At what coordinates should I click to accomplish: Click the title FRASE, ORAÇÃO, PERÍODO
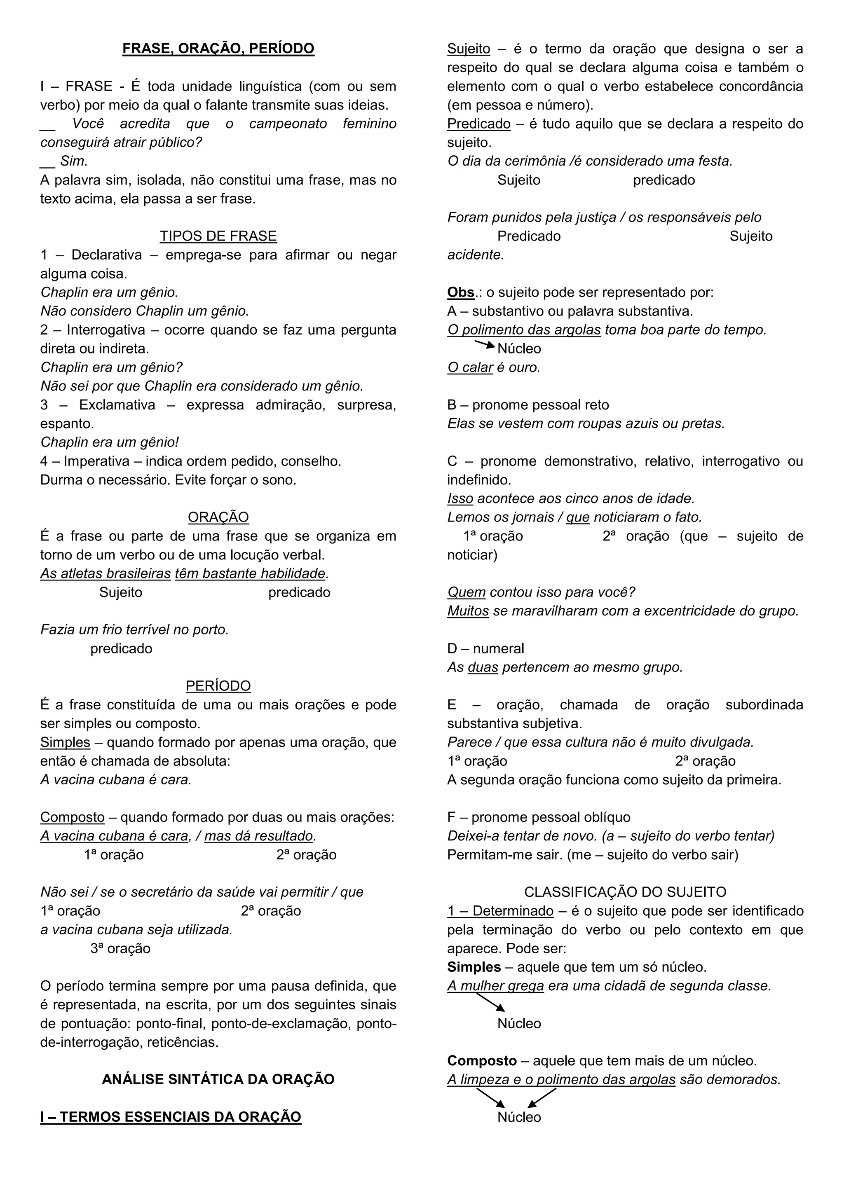pyautogui.click(x=218, y=48)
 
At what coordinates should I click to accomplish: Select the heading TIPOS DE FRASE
pyautogui.click(x=218, y=236)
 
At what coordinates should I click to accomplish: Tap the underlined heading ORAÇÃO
pyautogui.click(x=218, y=517)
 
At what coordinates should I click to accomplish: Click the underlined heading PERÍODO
pyautogui.click(x=218, y=686)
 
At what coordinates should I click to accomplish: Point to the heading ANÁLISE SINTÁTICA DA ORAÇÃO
pyautogui.click(x=218, y=1079)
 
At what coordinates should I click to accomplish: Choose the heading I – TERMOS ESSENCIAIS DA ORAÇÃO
pyautogui.click(x=171, y=1117)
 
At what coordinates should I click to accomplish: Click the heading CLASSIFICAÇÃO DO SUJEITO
pyautogui.click(x=625, y=892)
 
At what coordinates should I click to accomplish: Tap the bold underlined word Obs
pyautogui.click(x=460, y=292)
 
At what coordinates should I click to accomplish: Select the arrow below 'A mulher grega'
pyautogui.click(x=490, y=1002)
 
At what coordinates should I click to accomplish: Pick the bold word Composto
pyautogui.click(x=482, y=1060)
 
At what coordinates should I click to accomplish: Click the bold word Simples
pyautogui.click(x=474, y=967)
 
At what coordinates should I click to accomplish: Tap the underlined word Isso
pyautogui.click(x=460, y=499)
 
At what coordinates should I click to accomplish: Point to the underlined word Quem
pyautogui.click(x=466, y=592)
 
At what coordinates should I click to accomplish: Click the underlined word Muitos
pyautogui.click(x=468, y=611)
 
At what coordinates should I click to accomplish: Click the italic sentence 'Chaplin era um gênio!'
pyautogui.click(x=110, y=442)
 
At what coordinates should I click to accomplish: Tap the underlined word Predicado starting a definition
pyautogui.click(x=478, y=124)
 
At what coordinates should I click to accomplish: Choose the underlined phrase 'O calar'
pyautogui.click(x=470, y=367)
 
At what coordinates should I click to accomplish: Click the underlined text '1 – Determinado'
pyautogui.click(x=500, y=911)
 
